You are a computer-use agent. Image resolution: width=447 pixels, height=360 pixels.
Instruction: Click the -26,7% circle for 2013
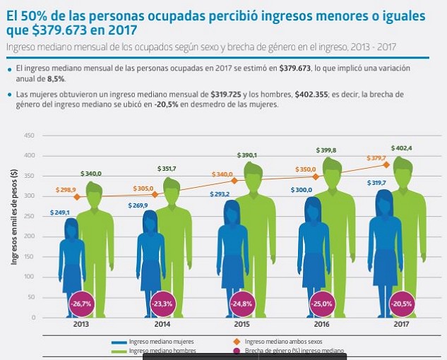click(x=80, y=304)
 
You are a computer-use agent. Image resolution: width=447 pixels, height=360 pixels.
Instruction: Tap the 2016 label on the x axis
click(x=321, y=326)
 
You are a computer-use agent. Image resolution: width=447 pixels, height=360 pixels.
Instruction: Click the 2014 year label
click(x=162, y=326)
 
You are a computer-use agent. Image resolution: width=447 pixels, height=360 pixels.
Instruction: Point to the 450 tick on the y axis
click(x=29, y=136)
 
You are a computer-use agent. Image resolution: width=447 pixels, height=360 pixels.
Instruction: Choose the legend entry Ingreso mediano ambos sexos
click(x=276, y=342)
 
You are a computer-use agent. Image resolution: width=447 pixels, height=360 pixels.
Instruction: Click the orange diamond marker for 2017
click(x=387, y=164)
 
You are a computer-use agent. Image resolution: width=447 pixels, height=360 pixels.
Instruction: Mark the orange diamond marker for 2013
click(x=77, y=197)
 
